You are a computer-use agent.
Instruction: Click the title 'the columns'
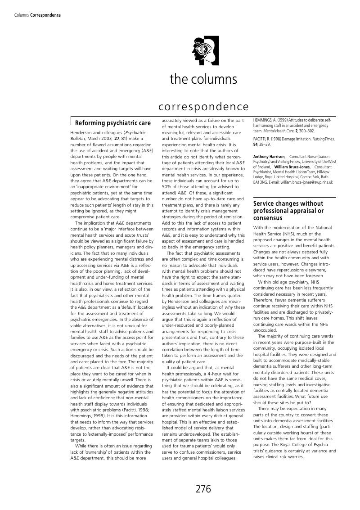203,79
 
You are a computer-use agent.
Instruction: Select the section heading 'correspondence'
203,107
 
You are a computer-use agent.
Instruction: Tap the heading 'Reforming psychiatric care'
113,123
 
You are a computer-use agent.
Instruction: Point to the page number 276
203,489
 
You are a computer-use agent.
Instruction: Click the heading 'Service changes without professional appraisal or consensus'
288,211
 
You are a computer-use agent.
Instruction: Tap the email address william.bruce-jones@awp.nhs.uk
307,182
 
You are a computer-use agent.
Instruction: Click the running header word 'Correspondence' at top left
45,15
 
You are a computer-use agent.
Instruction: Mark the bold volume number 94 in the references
256,144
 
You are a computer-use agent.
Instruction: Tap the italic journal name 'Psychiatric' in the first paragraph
135,133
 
